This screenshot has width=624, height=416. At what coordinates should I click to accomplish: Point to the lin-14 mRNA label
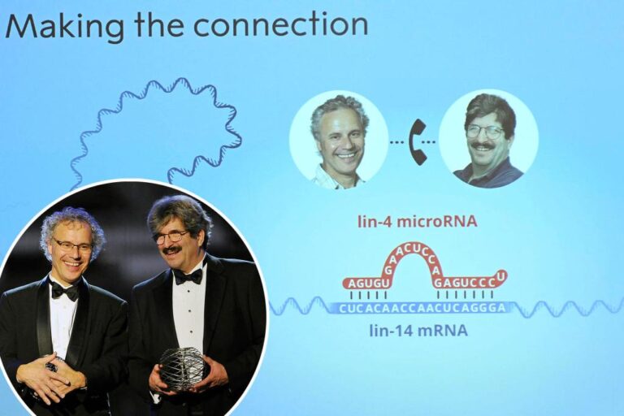point(418,330)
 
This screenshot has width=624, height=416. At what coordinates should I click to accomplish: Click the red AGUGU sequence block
point(367,283)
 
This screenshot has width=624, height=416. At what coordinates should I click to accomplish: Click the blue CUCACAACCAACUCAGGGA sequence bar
point(422,308)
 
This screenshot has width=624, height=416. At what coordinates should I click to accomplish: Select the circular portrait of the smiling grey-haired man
point(339,139)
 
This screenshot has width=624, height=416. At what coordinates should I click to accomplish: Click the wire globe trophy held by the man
point(183,368)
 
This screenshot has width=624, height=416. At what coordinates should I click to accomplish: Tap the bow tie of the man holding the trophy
point(188,276)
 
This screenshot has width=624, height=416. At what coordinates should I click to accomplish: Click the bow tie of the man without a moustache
point(65,291)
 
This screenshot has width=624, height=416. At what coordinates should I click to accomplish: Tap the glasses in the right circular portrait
point(485,130)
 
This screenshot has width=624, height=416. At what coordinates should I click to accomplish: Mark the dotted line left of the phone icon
point(396,141)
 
